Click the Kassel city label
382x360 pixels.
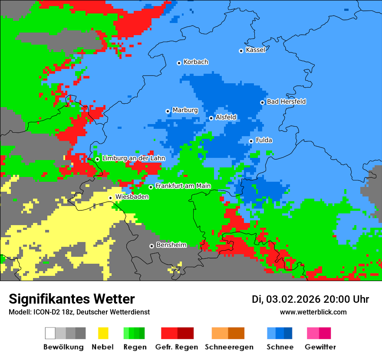pos(255,50)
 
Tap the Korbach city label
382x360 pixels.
pos(196,62)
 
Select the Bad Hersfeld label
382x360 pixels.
pos(286,101)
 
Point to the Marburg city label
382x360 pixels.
pos(185,110)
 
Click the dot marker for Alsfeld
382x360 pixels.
pos(211,118)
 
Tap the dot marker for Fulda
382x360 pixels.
pos(251,141)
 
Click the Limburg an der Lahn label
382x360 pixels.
pos(133,158)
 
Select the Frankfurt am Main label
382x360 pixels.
pos(183,186)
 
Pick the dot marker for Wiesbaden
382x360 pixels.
pos(111,198)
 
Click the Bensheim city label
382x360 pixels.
pos(171,245)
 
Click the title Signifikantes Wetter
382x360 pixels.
pos(72,299)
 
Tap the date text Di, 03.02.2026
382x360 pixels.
pos(286,299)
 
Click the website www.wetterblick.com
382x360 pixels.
pos(313,312)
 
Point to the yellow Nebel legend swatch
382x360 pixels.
pos(103,333)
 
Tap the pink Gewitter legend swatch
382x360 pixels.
pos(313,333)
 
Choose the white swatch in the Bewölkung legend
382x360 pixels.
pos(50,333)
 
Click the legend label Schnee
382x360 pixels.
pos(280,347)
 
